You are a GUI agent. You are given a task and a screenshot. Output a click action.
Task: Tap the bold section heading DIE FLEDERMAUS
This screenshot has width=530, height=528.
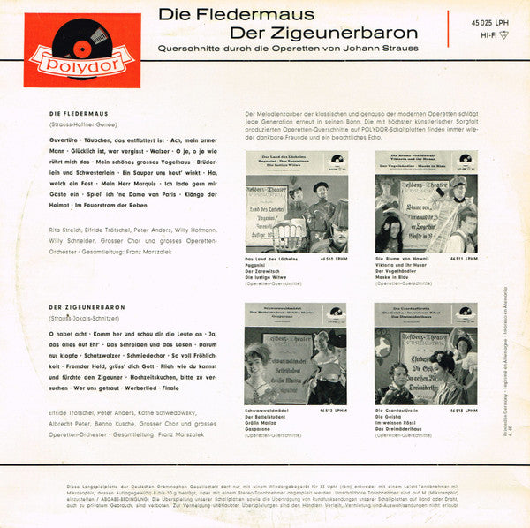coord(79,114)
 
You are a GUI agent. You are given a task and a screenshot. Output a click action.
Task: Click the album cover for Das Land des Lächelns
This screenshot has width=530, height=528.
coord(297,201)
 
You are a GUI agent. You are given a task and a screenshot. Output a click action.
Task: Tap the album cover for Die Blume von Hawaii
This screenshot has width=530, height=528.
coord(426,201)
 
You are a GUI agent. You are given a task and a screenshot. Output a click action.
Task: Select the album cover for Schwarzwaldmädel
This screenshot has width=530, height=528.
coord(297,353)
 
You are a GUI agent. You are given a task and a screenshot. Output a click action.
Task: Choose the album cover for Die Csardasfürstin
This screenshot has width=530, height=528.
coord(426,353)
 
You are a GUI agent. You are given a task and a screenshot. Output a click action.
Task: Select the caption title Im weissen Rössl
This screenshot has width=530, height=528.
coord(401,426)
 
